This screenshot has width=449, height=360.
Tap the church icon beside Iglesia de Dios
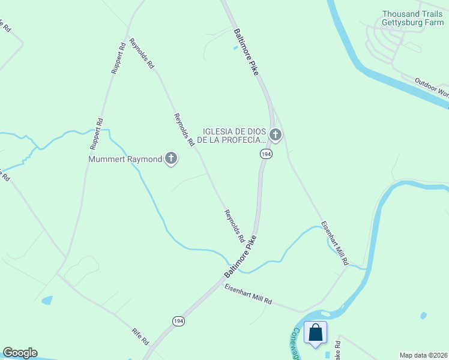[276, 135]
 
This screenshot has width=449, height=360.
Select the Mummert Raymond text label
[125, 159]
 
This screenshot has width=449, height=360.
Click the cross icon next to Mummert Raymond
[171, 159]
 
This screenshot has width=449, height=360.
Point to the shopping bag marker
[316, 333]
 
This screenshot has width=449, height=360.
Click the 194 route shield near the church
[266, 154]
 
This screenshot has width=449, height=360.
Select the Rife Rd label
[140, 337]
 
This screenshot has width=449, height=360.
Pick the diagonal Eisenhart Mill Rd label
[334, 244]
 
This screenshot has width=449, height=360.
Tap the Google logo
[20, 353]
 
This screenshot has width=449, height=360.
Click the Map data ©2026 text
[423, 355]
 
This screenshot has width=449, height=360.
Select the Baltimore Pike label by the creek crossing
[240, 256]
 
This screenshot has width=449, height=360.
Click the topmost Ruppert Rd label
[118, 58]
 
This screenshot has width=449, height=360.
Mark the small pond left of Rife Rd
[47, 299]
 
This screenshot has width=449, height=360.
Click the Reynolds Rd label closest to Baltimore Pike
[234, 226]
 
